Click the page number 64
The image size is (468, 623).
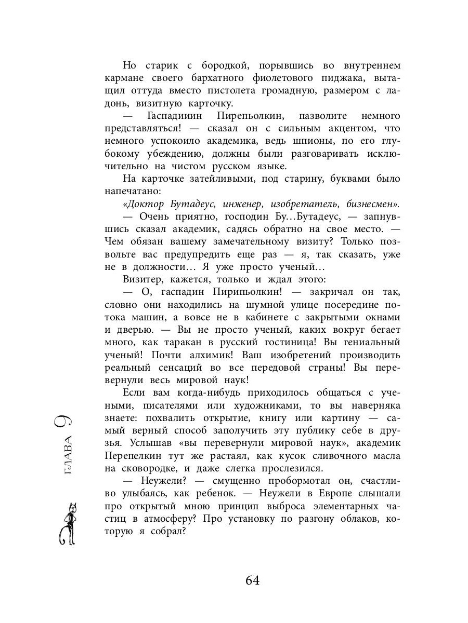click(x=248, y=580)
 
